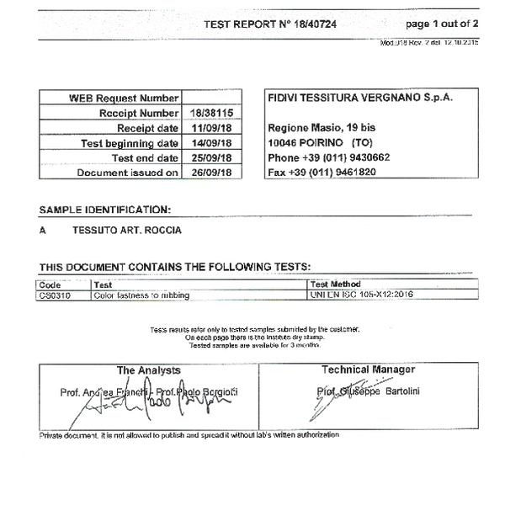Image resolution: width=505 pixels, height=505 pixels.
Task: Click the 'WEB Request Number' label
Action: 124,98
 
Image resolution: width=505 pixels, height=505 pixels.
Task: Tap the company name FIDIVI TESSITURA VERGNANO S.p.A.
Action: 359,98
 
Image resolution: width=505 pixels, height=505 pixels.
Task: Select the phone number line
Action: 328,157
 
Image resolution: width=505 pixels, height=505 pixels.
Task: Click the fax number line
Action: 321,172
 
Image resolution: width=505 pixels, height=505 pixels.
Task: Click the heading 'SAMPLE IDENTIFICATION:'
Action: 105,209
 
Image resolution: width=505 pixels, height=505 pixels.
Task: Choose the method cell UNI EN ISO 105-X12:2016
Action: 362,295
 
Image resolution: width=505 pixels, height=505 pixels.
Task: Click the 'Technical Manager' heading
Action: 368,369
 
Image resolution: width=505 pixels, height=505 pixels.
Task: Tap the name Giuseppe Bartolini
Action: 389,391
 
